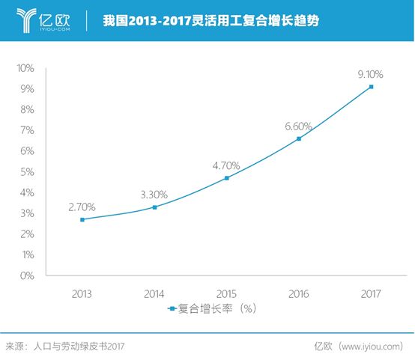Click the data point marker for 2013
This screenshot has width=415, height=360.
82,219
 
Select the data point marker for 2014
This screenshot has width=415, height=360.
154,207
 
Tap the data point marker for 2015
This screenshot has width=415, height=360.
226,178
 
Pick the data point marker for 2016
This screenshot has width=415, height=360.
298,138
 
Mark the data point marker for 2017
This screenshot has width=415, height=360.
370,87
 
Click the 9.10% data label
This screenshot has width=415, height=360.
370,74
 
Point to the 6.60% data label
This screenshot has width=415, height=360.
298,126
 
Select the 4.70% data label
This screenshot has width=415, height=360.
226,165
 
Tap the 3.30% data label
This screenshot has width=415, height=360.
154,195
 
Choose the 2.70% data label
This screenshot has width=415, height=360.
82,207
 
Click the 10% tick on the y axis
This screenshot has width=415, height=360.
25,68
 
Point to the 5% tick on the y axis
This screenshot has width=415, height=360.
26,172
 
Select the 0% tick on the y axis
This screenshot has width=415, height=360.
26,276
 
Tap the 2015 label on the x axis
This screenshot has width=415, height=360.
226,293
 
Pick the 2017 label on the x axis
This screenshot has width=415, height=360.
370,293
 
